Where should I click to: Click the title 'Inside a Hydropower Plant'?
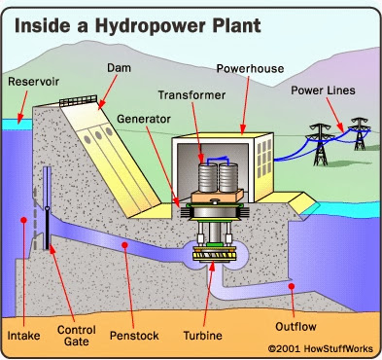point(138,26)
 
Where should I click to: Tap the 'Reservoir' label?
point(34,82)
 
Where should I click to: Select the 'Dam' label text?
point(119,68)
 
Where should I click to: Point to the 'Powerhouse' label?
point(250,69)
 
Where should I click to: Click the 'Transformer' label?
point(191,95)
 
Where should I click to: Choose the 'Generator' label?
point(144,119)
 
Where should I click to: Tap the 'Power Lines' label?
point(323,90)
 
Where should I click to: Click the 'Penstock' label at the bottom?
point(134,336)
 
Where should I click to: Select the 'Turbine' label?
point(203,336)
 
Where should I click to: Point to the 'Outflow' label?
point(295,327)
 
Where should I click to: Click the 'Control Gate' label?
point(77,336)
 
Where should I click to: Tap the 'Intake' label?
point(23,336)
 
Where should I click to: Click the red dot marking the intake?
point(23,220)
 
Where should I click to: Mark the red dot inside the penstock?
point(124,245)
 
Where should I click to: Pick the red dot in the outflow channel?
point(292,286)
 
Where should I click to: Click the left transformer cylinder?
point(208,178)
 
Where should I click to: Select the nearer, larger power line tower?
point(321,145)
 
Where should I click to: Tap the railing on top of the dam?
point(79,101)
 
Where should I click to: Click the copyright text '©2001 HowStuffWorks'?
point(321,348)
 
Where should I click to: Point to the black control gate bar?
point(48,228)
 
